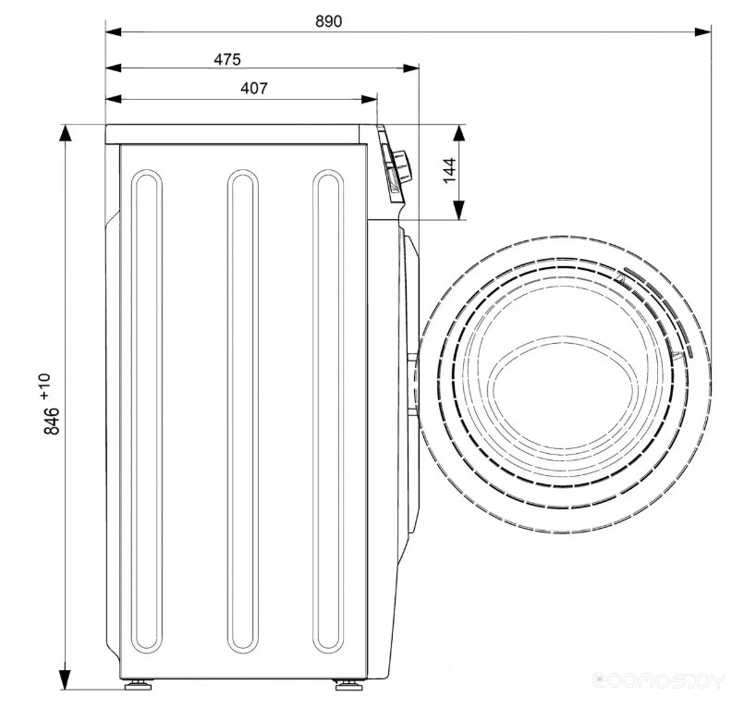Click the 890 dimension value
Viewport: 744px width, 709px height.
click(x=328, y=21)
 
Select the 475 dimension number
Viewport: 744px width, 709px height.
click(x=227, y=59)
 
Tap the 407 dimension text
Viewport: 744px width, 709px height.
click(x=254, y=88)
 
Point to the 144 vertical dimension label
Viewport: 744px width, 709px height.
click(x=449, y=170)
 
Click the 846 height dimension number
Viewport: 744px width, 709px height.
click(x=51, y=421)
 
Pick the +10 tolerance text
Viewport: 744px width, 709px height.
click(x=44, y=385)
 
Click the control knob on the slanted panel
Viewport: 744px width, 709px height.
click(x=402, y=167)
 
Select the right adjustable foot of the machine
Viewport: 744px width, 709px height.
click(x=348, y=685)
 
